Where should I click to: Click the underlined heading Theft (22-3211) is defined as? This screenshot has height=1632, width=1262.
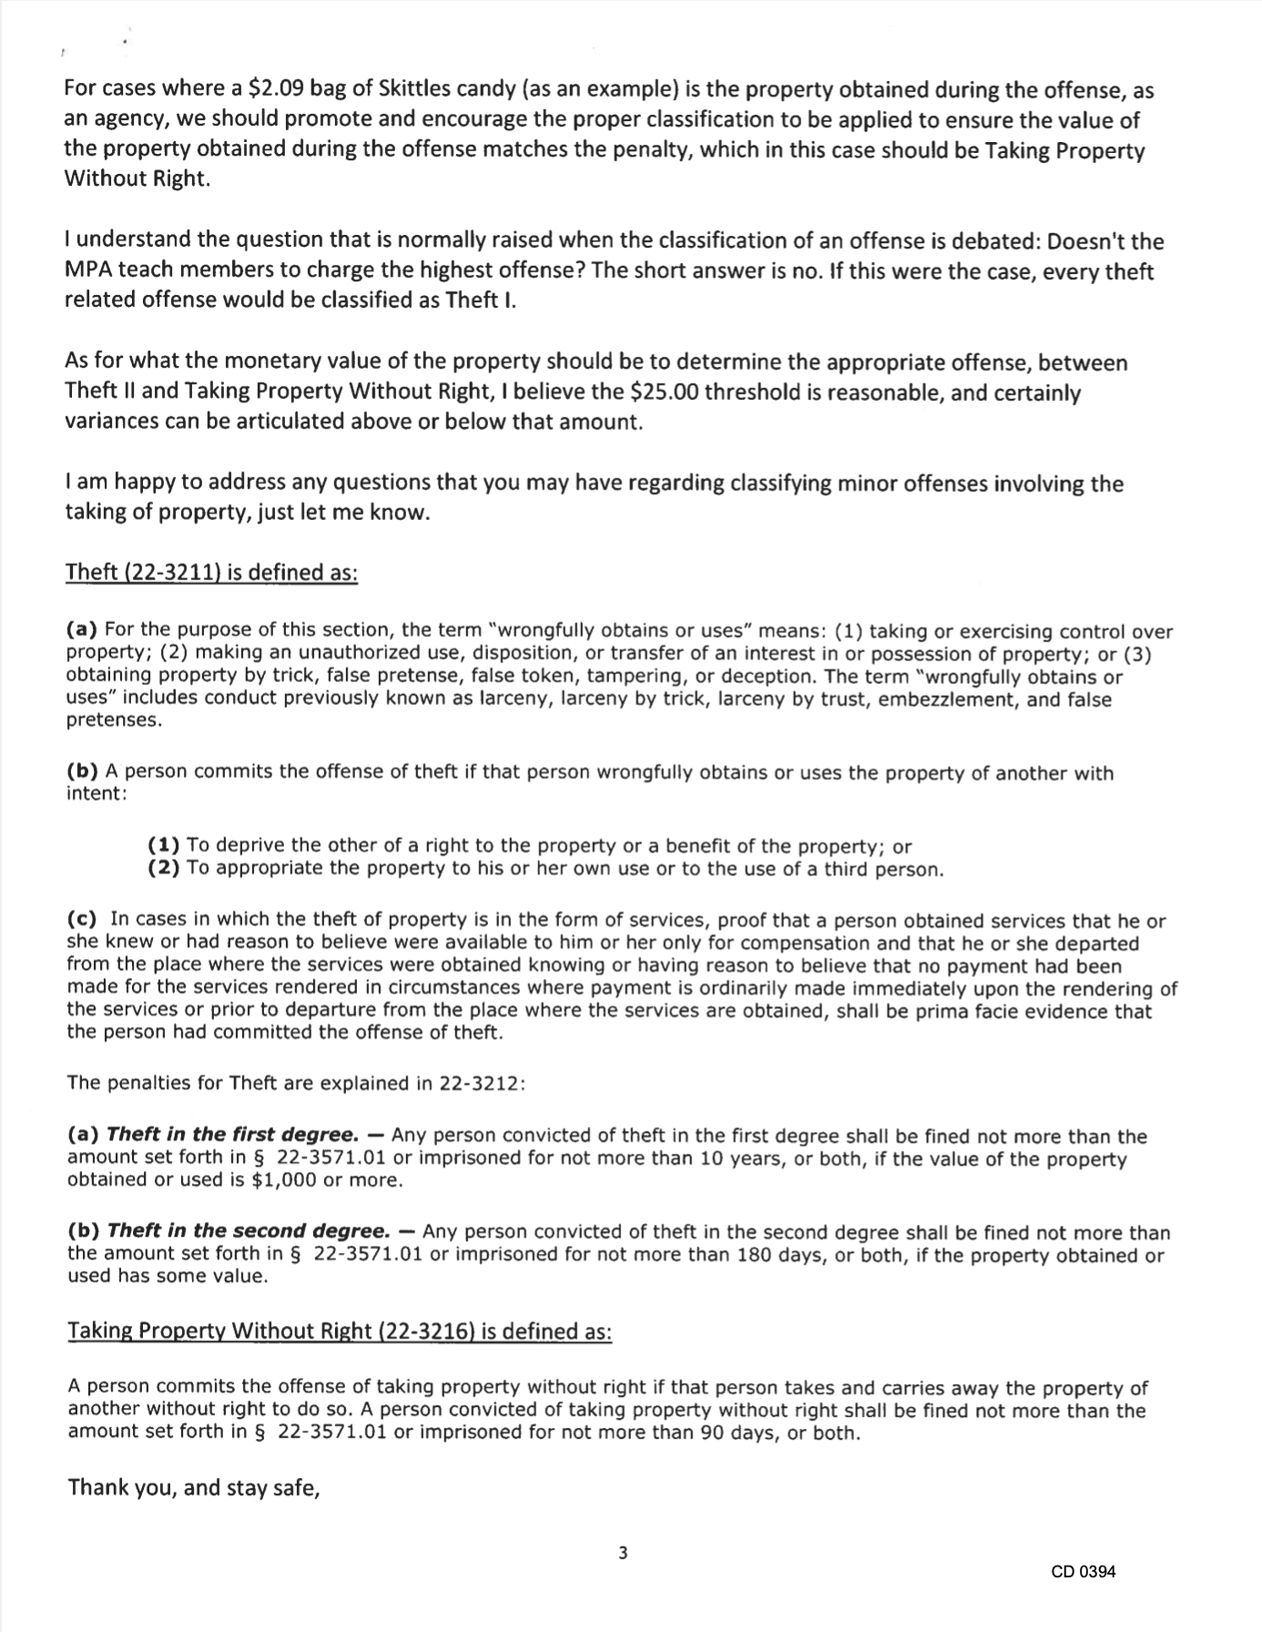212,573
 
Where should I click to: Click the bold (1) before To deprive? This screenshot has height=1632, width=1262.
164,845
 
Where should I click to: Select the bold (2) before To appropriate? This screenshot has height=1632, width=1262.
164,868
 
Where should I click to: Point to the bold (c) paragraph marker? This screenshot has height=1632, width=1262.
82,921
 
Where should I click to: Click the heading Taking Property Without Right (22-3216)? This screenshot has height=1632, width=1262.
340,1331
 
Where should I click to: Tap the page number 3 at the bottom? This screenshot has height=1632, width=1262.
623,1553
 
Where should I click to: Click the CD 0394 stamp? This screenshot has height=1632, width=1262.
1082,1571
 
